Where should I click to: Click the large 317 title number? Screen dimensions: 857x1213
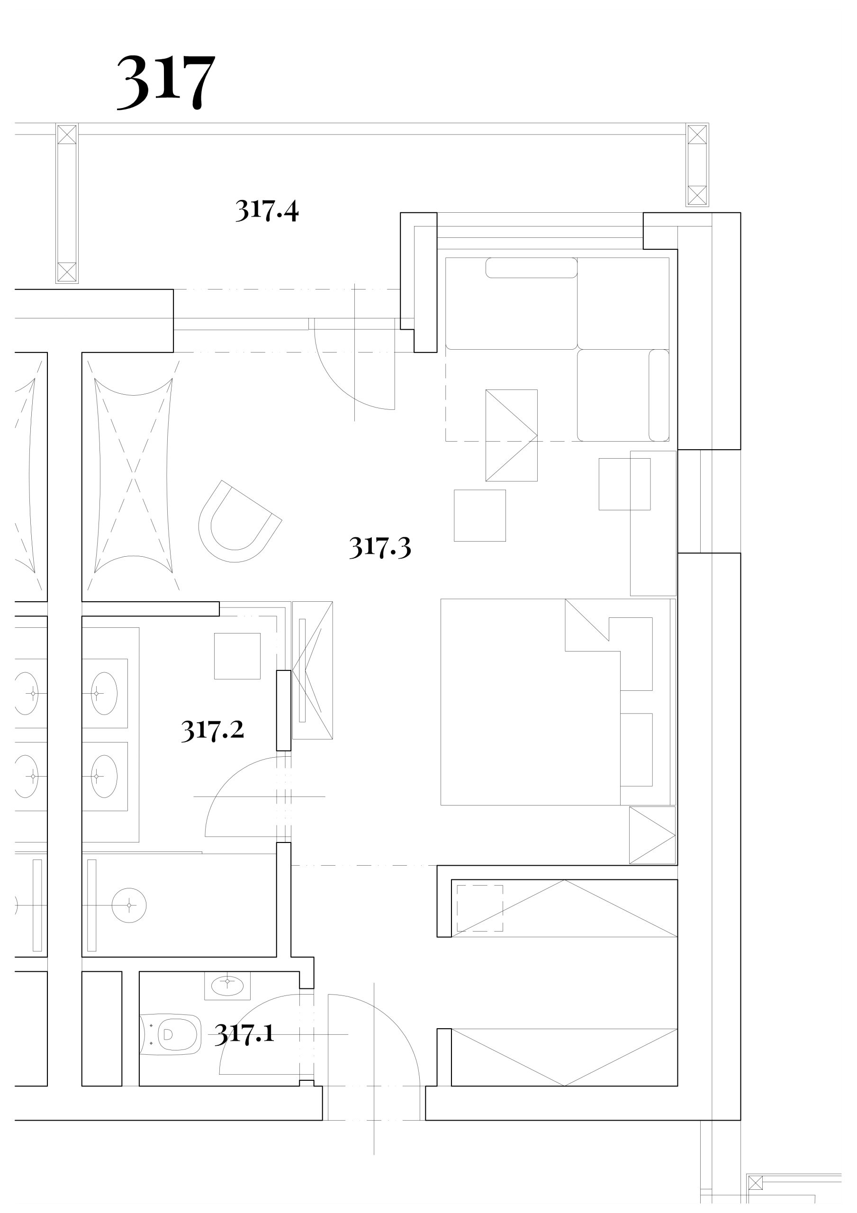coord(166,82)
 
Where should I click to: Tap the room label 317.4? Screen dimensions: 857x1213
coord(267,210)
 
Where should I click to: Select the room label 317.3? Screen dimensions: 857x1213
coord(380,547)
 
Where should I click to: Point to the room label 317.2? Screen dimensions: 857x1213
coord(212,730)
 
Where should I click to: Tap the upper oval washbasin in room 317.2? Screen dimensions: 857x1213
coord(104,693)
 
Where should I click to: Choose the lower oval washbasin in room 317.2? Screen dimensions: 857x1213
coord(104,776)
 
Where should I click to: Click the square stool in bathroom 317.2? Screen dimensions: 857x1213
coord(237,656)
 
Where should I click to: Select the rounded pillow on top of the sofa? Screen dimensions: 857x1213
coord(532,268)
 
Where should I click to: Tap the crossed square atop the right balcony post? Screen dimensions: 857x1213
coord(697,134)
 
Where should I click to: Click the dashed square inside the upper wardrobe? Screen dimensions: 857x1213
coord(480,908)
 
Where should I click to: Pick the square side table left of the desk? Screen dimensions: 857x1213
coord(480,516)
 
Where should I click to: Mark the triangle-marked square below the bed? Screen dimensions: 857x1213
coord(652,835)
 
